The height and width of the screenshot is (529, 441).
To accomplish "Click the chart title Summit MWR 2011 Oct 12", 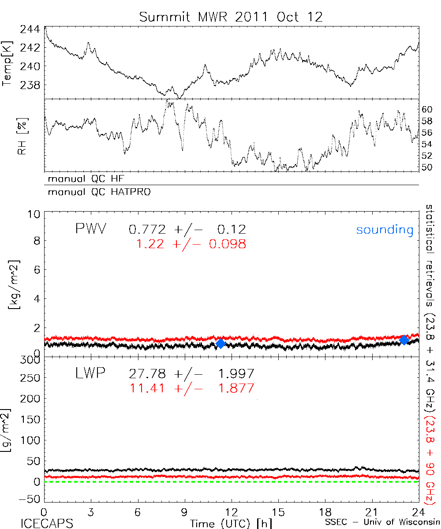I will (x=231, y=17).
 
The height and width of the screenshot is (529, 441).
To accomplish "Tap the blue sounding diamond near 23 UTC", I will (x=404, y=340).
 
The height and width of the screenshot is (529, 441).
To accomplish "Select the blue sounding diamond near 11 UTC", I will (x=221, y=344).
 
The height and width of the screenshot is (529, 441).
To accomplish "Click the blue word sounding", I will (x=385, y=230).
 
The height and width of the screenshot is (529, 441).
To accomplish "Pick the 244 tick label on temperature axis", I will (x=30, y=30).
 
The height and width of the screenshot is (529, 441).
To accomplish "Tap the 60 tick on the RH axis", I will (x=428, y=109).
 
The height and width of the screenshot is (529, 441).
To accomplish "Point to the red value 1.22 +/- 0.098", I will (x=191, y=244).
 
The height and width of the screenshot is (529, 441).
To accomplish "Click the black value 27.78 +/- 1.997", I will (x=191, y=374).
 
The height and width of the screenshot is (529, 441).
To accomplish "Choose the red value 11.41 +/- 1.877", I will (x=191, y=388).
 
